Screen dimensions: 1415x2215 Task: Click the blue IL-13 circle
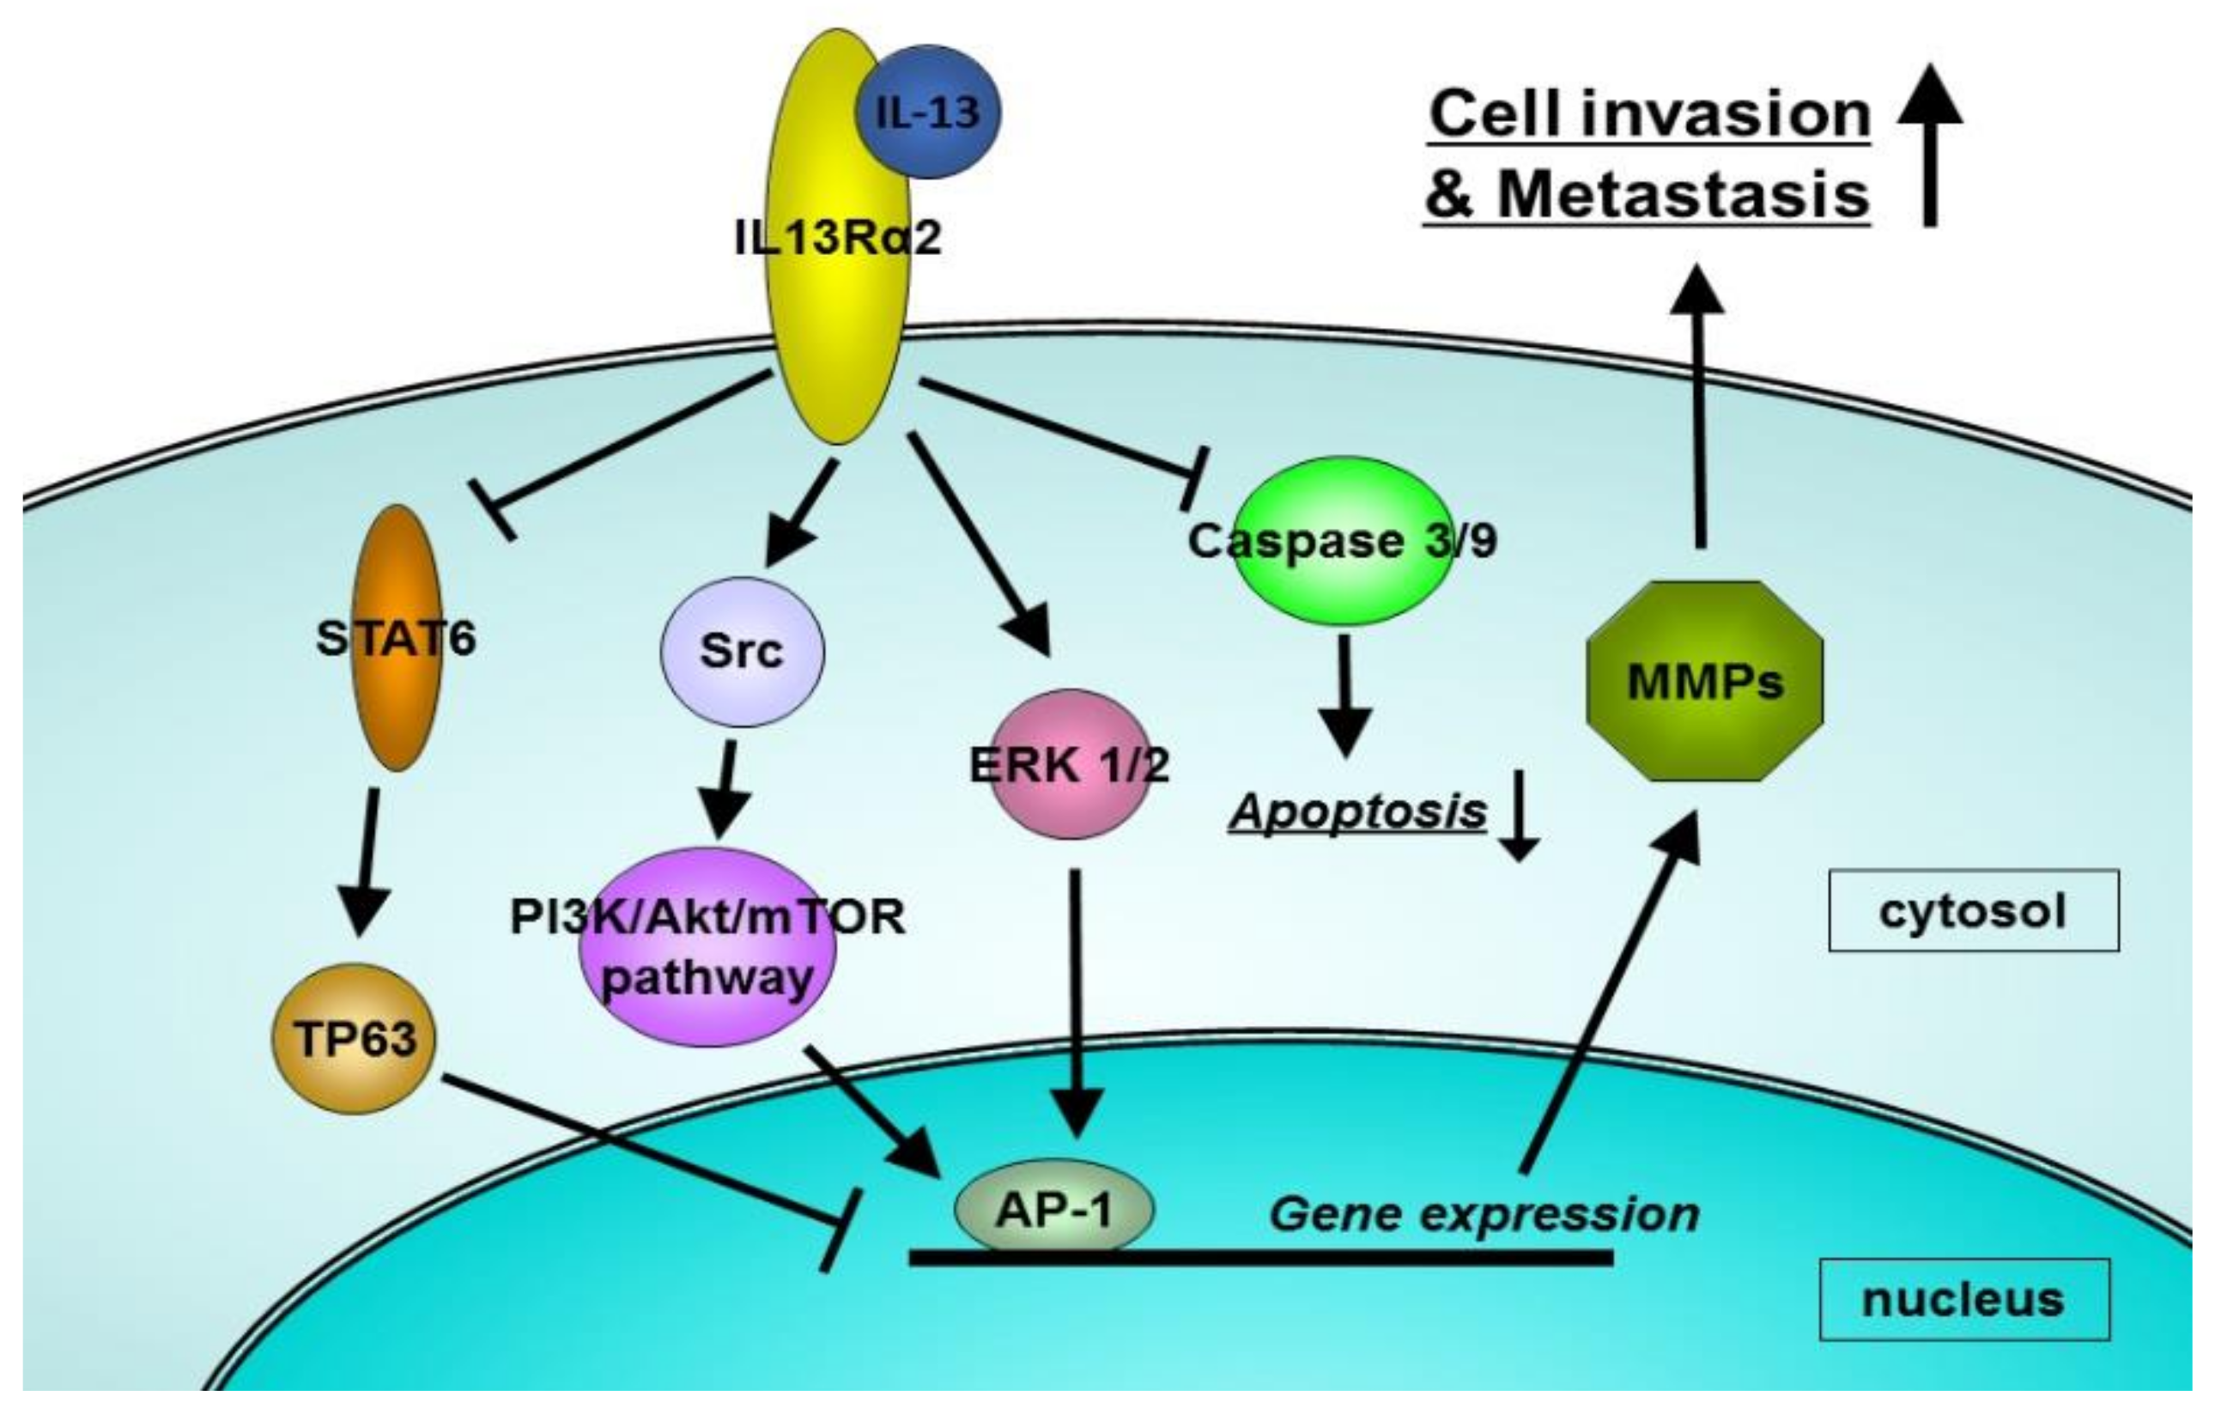pyautogui.click(x=927, y=112)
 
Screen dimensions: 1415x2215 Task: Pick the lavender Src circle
pyautogui.click(x=743, y=652)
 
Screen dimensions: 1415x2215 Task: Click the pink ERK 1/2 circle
pyautogui.click(x=1068, y=763)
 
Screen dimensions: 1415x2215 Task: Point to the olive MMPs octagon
pyautogui.click(x=1704, y=682)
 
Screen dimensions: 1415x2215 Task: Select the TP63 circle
pyautogui.click(x=354, y=1039)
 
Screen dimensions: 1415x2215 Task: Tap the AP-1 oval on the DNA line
pyautogui.click(x=1054, y=1210)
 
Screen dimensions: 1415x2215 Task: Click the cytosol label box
pyautogui.click(x=1973, y=911)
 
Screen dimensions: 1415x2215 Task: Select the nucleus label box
pyautogui.click(x=1964, y=1299)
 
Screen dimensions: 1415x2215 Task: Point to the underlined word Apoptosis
pyautogui.click(x=1357, y=811)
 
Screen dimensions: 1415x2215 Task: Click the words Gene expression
pyautogui.click(x=1483, y=1214)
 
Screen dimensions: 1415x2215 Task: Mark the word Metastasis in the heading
pyautogui.click(x=1684, y=195)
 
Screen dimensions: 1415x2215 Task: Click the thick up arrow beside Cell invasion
pyautogui.click(x=1930, y=147)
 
